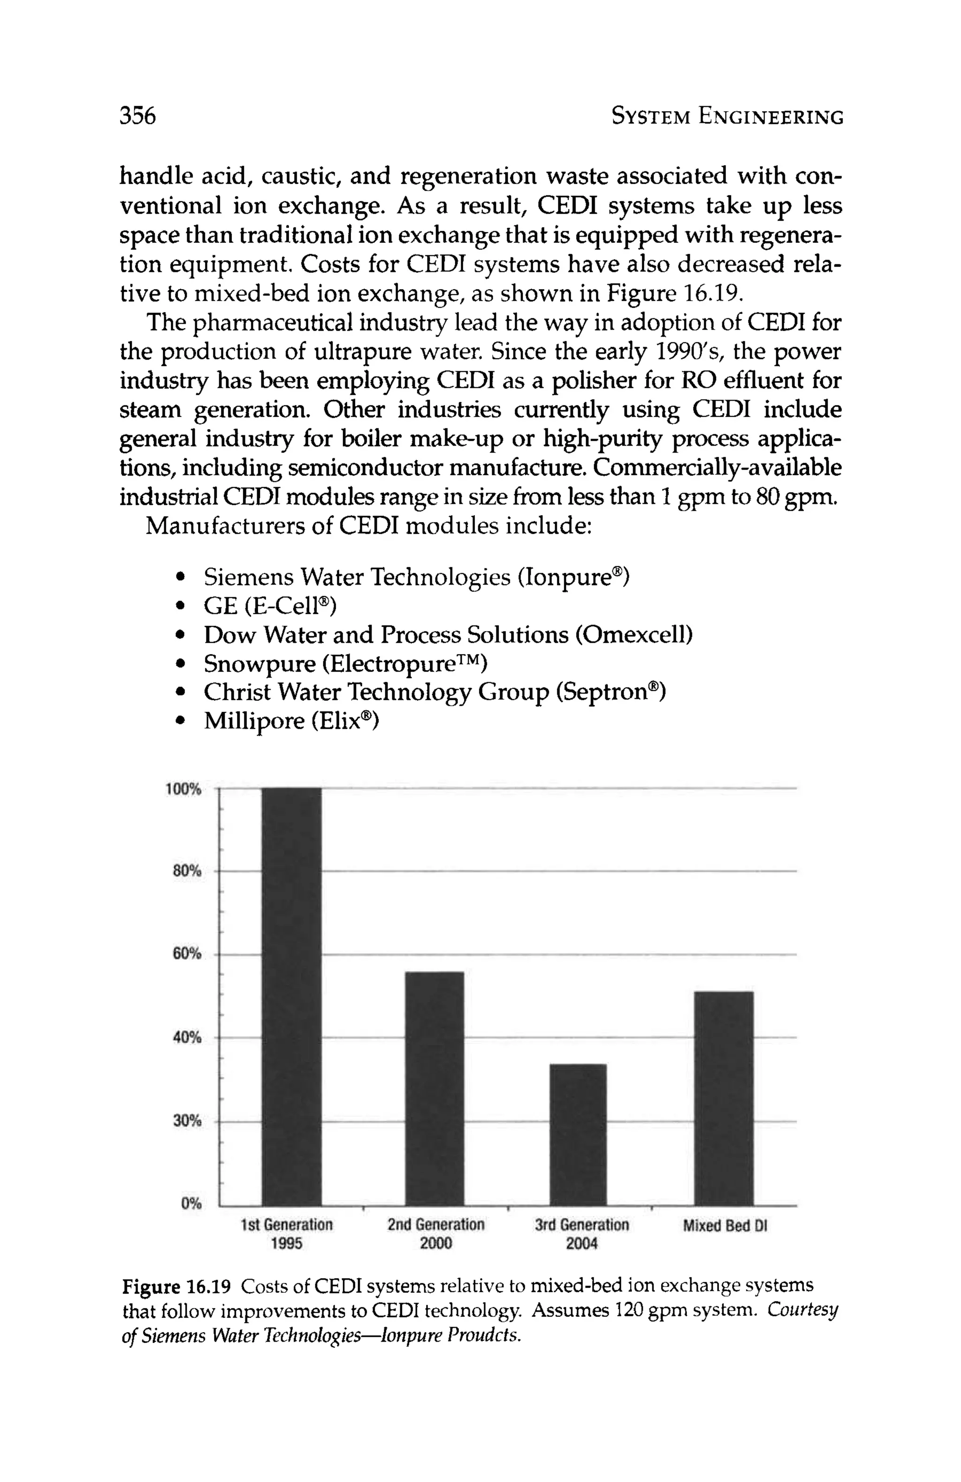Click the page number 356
[137, 116]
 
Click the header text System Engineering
[727, 116]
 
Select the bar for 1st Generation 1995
[291, 996]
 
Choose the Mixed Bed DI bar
[723, 1098]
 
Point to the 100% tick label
[183, 789]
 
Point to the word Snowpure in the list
[259, 664]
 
